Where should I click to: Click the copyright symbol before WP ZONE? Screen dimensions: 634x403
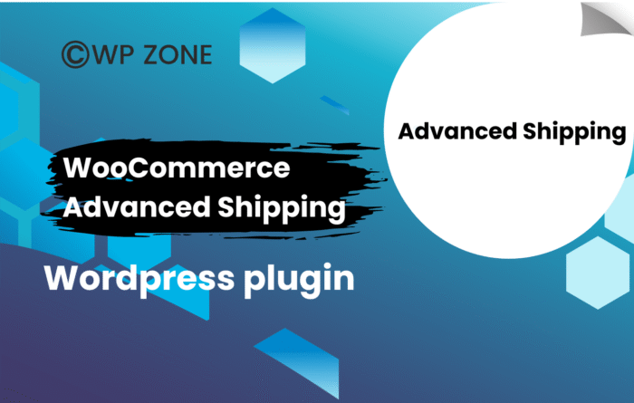pyautogui.click(x=75, y=54)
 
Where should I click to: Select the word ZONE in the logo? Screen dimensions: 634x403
pyautogui.click(x=178, y=54)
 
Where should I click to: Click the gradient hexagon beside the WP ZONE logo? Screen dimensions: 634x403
pyautogui.click(x=272, y=45)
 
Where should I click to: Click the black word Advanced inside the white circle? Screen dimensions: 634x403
pyautogui.click(x=457, y=131)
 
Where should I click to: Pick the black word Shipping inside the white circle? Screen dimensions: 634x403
pyautogui.click(x=574, y=133)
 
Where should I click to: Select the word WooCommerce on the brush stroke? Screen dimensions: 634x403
pyautogui.click(x=177, y=168)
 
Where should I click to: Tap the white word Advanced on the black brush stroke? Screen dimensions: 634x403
pyautogui.click(x=137, y=206)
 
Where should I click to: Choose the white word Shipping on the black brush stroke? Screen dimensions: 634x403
pyautogui.click(x=282, y=208)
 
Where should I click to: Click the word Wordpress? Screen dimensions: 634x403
pyautogui.click(x=139, y=279)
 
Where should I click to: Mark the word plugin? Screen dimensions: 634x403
pyautogui.click(x=299, y=281)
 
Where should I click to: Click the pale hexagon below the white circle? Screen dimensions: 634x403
pyautogui.click(x=598, y=273)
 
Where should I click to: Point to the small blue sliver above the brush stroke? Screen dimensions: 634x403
pyautogui.click(x=334, y=105)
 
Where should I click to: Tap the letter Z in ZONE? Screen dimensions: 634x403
pyautogui.click(x=151, y=54)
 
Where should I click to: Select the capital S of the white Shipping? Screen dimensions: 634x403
pyautogui.click(x=226, y=206)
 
